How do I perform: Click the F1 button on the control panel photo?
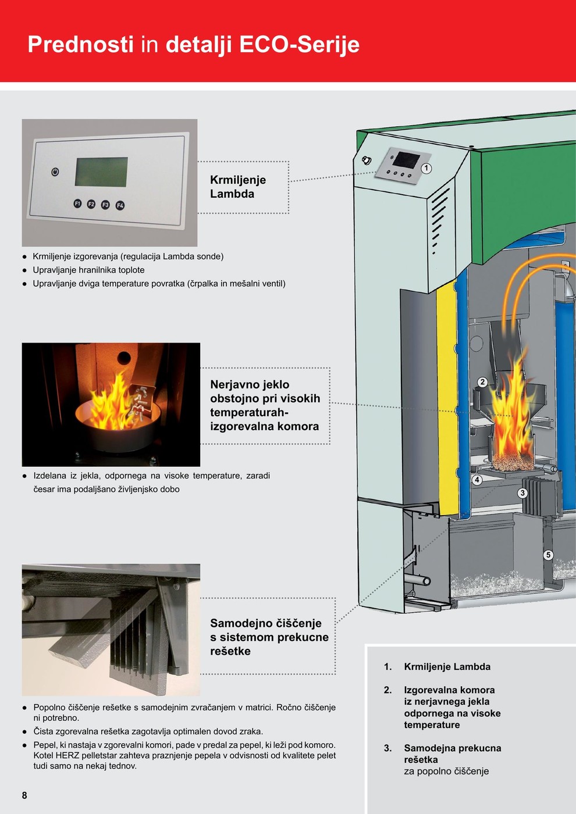(x=77, y=203)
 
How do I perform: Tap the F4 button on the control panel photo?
(x=120, y=206)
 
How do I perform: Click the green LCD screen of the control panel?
(x=101, y=172)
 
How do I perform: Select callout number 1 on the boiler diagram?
(x=426, y=168)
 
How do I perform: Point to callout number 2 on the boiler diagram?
(x=482, y=382)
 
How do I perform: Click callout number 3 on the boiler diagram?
(x=522, y=493)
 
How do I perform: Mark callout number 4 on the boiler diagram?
(x=477, y=480)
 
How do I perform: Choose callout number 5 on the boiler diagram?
(x=548, y=555)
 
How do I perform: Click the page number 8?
(x=24, y=795)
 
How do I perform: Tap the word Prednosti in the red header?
(x=81, y=44)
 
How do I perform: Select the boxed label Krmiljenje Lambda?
(x=238, y=187)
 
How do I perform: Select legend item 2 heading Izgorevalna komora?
(x=449, y=690)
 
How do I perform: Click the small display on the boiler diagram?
(x=407, y=159)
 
